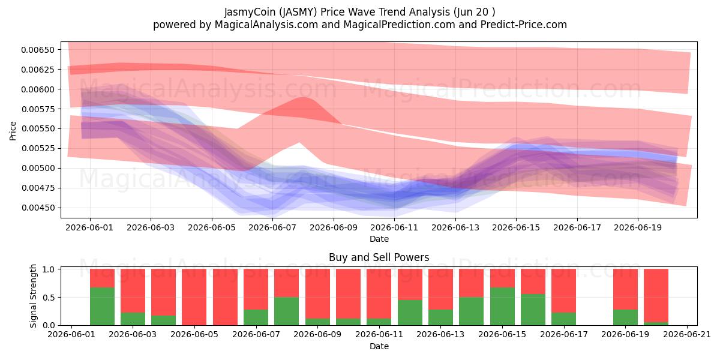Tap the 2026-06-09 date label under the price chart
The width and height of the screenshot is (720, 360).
tap(334, 228)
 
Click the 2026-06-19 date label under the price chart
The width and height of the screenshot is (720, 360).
tap(638, 228)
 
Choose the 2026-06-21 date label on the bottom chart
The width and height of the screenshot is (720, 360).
tap(687, 335)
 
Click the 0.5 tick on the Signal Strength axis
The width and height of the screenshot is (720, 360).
tap(49, 298)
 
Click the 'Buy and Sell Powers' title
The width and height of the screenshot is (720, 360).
tap(379, 257)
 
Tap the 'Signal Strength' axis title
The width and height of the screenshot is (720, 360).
tap(33, 296)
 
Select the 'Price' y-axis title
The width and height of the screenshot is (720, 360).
tap(13, 131)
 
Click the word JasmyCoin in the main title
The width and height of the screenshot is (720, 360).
tap(250, 12)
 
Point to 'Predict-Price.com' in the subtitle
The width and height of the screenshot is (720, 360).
tap(524, 25)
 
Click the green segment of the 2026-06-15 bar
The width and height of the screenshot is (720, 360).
tap(502, 307)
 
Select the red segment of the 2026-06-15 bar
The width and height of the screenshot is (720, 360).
tap(502, 278)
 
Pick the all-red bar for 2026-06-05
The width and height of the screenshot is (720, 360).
tap(194, 297)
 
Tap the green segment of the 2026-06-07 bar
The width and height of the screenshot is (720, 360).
tap(256, 317)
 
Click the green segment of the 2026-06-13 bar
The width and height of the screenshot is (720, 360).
tap(440, 317)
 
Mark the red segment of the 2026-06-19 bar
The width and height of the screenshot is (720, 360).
tap(625, 289)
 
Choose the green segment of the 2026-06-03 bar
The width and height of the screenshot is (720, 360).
tap(133, 319)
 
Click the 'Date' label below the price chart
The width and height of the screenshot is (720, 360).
tap(379, 239)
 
